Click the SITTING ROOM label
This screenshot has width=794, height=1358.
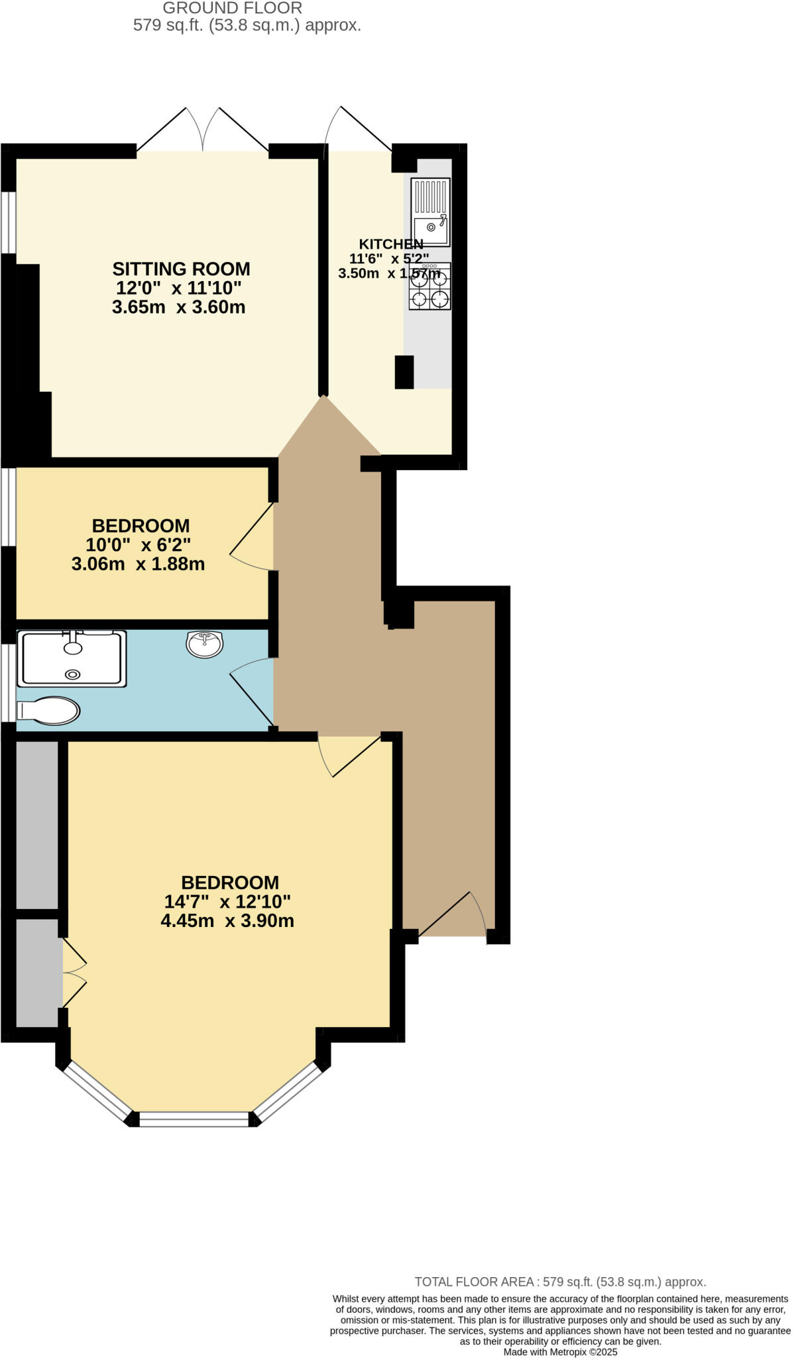[181, 269]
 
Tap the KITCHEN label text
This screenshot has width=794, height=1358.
[390, 243]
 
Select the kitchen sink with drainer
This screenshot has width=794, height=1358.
[430, 212]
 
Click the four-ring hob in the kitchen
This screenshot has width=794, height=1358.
[430, 286]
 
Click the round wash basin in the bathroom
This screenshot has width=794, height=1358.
[205, 644]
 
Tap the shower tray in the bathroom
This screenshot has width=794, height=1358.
[72, 658]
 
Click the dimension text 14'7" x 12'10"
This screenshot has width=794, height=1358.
[227, 901]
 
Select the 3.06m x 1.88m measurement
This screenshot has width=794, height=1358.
[138, 564]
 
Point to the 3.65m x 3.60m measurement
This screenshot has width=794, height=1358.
[179, 307]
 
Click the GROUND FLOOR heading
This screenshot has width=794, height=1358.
[232, 8]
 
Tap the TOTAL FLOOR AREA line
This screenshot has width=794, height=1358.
[560, 1281]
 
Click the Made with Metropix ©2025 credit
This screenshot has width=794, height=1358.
[560, 1351]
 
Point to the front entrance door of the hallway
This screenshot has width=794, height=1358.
[455, 916]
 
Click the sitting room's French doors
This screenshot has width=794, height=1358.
[203, 130]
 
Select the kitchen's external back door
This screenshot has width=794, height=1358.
[358, 129]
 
